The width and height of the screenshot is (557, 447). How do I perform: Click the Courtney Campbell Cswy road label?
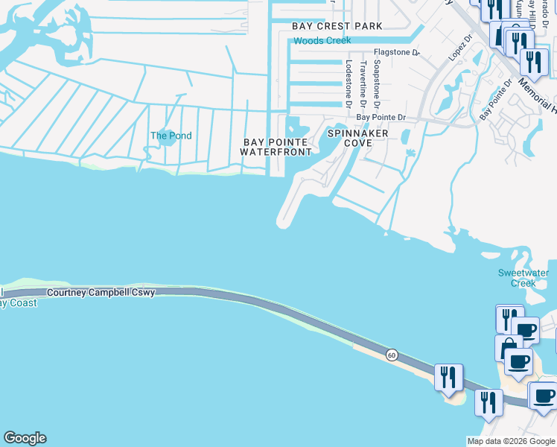pyautogui.click(x=101, y=293)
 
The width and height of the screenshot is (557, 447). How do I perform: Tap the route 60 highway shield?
pyautogui.click(x=392, y=355)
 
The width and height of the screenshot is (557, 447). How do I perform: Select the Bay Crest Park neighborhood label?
pyautogui.click(x=337, y=26)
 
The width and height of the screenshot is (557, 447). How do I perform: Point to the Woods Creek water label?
pyautogui.click(x=322, y=40)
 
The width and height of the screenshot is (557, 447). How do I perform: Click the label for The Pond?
pyautogui.click(x=171, y=136)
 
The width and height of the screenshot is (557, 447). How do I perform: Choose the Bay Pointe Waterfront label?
pyautogui.click(x=276, y=147)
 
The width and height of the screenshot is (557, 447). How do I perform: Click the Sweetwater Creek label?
pyautogui.click(x=517, y=278)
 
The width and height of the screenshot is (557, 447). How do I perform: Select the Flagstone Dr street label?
pyautogui.click(x=397, y=53)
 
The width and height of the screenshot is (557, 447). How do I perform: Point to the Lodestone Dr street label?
pyautogui.click(x=347, y=79)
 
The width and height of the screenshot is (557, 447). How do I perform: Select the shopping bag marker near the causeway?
pyautogui.click(x=509, y=348)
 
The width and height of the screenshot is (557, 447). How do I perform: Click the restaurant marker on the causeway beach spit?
pyautogui.click(x=448, y=377)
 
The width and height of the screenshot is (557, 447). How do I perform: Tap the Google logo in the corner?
pyautogui.click(x=25, y=438)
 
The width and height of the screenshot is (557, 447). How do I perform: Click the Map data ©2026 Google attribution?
pyautogui.click(x=510, y=441)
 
